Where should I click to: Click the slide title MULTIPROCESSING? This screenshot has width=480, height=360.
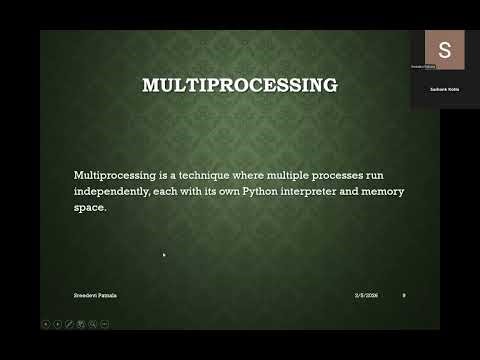click(x=240, y=85)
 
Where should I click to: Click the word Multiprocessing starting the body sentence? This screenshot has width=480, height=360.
click(x=112, y=175)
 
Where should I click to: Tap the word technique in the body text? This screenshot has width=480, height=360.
click(x=191, y=175)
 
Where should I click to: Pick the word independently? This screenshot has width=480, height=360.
click(x=113, y=191)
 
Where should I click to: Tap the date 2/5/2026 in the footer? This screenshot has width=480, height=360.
click(x=366, y=295)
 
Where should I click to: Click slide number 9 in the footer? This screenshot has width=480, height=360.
click(x=403, y=295)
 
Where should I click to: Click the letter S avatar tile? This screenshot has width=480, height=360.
click(x=444, y=48)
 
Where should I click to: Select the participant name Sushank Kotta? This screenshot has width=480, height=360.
click(x=444, y=89)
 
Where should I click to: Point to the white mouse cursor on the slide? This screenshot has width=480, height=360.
click(x=164, y=255)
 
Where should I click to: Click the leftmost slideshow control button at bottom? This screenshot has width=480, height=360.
click(x=45, y=323)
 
